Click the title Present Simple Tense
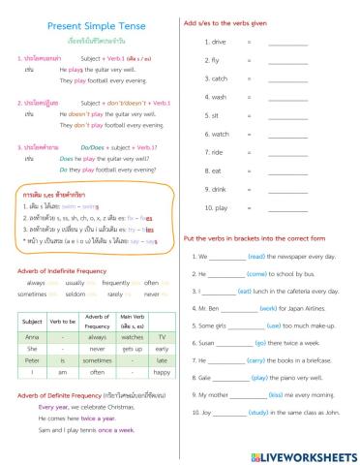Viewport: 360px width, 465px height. (88, 23)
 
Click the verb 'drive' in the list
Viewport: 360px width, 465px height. (218, 42)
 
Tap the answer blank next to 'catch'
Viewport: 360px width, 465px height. (286, 78)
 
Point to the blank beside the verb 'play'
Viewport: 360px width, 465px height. (286, 207)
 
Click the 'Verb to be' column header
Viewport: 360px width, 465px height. (63, 321)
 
